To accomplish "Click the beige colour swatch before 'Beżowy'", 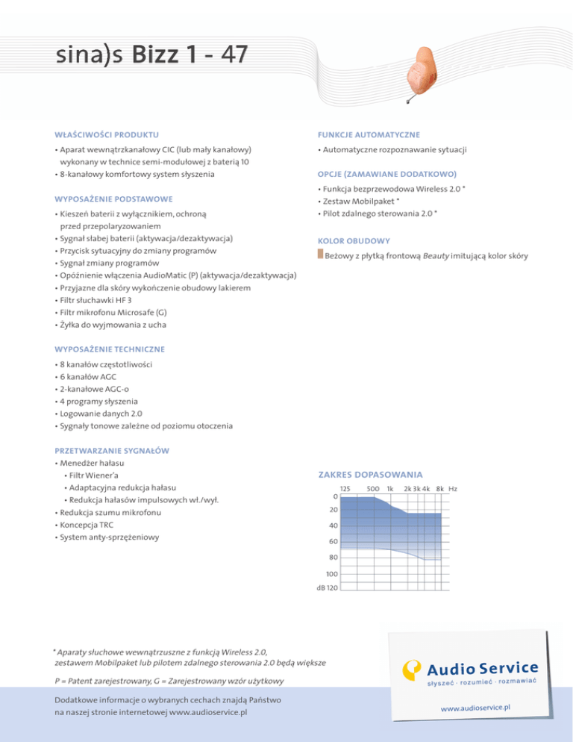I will coord(320,256).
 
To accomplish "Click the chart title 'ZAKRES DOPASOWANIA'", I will coord(371,475).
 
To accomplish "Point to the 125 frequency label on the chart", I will coord(345,489).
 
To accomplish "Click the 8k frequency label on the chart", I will coord(440,489).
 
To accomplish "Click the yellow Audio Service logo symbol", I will coord(413,671).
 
